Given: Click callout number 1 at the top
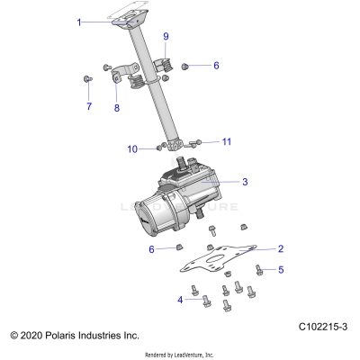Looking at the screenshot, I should [x=104, y=21].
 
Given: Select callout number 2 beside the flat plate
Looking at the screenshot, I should [x=281, y=248].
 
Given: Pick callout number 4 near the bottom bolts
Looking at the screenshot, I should [x=181, y=299].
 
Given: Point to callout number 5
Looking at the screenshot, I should [x=281, y=269].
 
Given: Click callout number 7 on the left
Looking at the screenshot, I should [x=88, y=106].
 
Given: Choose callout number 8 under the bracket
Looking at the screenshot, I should [x=116, y=108].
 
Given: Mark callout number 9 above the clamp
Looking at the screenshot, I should [x=166, y=36].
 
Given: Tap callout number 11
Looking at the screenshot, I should [x=227, y=141].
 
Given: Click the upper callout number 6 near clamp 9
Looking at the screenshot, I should [x=216, y=66].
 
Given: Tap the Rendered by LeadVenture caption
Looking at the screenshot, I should [x=179, y=355].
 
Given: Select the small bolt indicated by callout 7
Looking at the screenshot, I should [x=87, y=81].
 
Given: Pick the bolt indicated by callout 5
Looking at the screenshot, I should [x=259, y=267].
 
